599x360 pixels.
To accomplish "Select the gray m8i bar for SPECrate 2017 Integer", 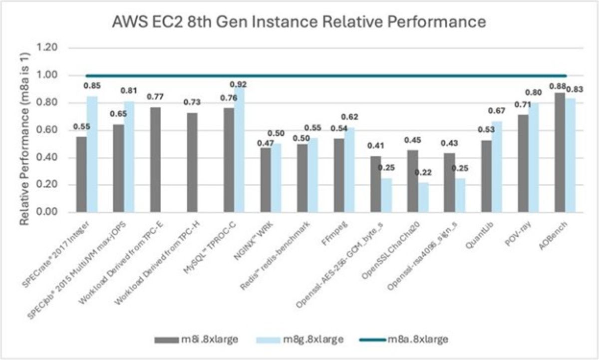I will coord(81,174).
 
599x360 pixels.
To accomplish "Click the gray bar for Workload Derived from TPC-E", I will coord(155,160).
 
